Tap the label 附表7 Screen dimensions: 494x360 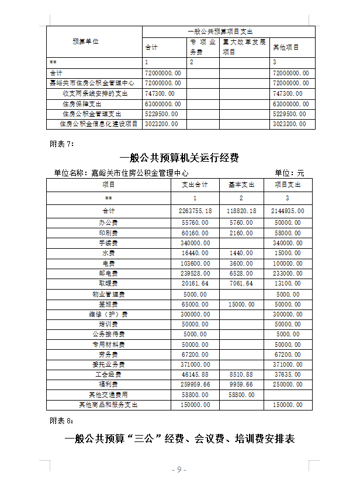tap(61, 143)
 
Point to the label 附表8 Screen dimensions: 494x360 tap(61, 420)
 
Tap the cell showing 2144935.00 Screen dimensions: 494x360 tap(288, 210)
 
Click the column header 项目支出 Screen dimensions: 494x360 tap(288, 185)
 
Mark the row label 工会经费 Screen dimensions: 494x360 tap(109, 374)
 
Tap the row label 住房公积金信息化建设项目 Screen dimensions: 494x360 tap(99, 124)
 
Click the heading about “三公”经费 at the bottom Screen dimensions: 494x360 tap(179, 439)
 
